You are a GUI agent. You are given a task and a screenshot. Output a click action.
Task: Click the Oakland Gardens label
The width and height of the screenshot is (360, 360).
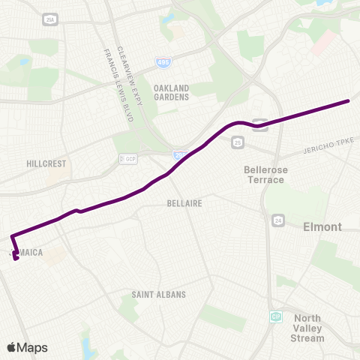[x=171, y=92]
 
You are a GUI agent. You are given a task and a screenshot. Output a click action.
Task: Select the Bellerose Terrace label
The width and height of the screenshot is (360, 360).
[x=265, y=175]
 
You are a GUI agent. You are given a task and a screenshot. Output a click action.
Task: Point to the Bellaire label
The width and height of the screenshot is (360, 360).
[x=185, y=202]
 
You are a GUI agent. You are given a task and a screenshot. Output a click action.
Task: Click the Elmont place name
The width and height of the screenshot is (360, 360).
[x=322, y=226]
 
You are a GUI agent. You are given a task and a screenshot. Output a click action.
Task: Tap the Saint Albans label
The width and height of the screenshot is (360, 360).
[x=158, y=294]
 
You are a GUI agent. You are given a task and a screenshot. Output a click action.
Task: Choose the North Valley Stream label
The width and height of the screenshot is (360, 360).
[x=307, y=328]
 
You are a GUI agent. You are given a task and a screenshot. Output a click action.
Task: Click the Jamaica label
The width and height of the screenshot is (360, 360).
[x=28, y=253]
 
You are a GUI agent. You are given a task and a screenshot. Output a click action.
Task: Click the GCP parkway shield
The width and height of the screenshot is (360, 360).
[x=130, y=159]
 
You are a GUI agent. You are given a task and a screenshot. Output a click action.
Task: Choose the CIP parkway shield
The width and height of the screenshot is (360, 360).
[x=276, y=317]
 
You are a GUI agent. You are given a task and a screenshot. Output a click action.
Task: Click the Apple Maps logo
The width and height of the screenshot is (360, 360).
[x=28, y=347]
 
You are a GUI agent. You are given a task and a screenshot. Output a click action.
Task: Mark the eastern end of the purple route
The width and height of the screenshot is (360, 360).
[x=349, y=100]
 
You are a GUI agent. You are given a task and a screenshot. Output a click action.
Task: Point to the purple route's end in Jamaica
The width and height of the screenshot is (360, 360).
[x=16, y=260]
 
